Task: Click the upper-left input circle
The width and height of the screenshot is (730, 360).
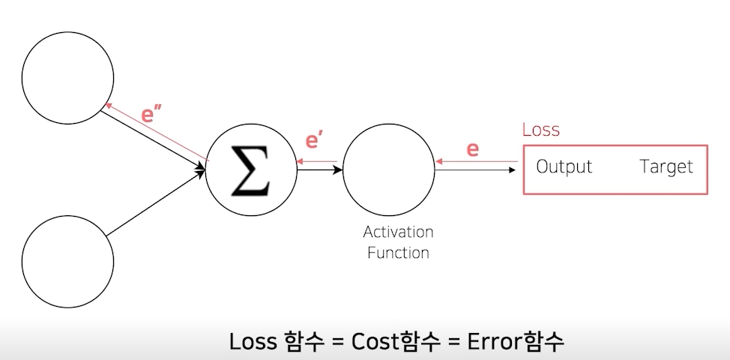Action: [68, 77]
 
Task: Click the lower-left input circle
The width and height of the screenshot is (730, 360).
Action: [68, 262]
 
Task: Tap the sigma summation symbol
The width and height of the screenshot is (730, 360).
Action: [250, 171]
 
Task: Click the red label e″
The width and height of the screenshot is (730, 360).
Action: [153, 116]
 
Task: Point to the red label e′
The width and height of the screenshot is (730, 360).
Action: [316, 142]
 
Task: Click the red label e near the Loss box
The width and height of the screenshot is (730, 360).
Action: [473, 148]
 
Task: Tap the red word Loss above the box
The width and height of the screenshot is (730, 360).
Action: [540, 130]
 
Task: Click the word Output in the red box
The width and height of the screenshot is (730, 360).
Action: [564, 166]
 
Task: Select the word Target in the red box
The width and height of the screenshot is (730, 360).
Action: [666, 166]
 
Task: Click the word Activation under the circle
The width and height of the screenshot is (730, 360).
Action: [398, 232]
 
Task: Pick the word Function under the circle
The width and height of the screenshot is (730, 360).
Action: [398, 252]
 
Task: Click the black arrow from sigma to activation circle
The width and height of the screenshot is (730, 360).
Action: [319, 169]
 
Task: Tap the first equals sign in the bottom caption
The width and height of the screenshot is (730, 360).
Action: [337, 342]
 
